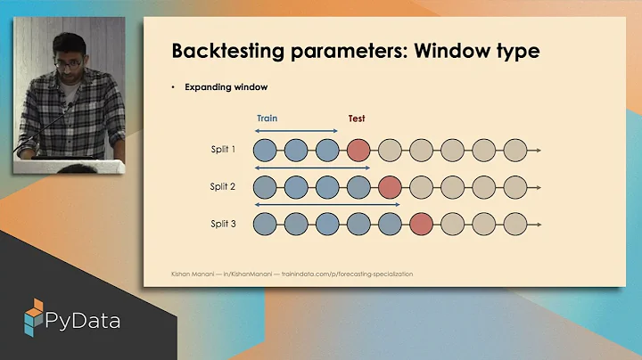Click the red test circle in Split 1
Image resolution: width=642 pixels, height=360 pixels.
tap(358, 151)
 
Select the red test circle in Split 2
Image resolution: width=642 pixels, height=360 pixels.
tap(390, 187)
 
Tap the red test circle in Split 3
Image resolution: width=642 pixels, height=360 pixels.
tap(421, 224)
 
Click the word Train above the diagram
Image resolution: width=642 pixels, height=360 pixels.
tap(267, 118)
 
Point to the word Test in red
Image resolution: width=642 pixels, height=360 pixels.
tap(357, 119)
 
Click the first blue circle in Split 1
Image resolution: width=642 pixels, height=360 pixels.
tap(265, 151)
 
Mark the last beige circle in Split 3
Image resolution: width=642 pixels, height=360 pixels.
tap(514, 224)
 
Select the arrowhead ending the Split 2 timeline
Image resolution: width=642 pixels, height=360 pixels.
tap(538, 187)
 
